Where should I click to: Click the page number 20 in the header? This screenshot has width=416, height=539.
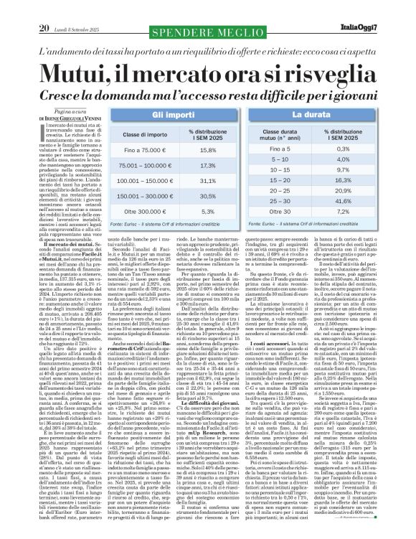[x=22, y=8]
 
